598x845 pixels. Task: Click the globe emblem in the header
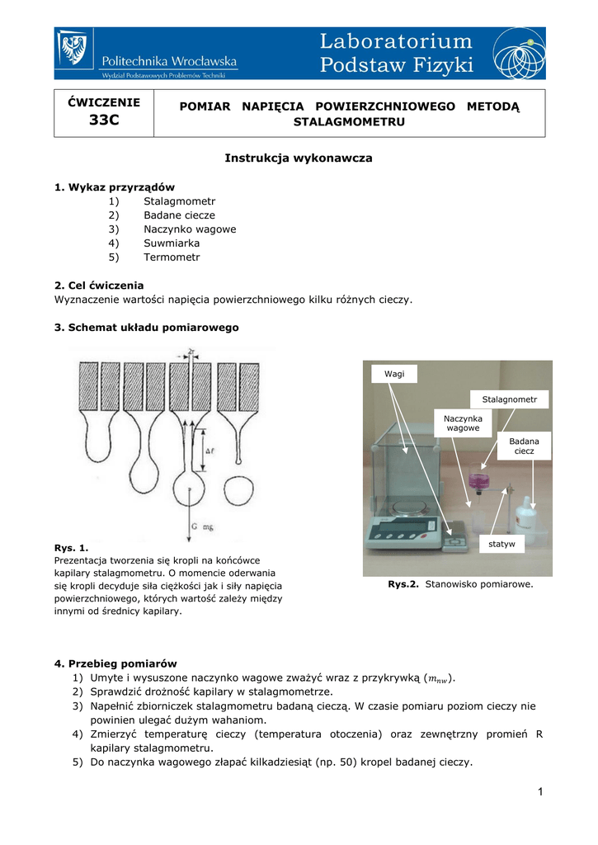click(x=519, y=53)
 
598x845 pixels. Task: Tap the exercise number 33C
click(x=104, y=120)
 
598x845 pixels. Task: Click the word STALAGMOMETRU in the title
click(x=350, y=122)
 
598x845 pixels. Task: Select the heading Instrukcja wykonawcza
click(x=299, y=158)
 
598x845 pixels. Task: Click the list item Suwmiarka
click(x=172, y=243)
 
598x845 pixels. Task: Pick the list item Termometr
click(x=172, y=257)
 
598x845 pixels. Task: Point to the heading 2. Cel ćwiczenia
click(x=99, y=285)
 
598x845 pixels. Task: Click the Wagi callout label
click(x=394, y=374)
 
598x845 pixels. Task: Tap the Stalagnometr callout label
click(x=509, y=399)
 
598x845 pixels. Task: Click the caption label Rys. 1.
click(x=71, y=547)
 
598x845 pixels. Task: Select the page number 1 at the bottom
click(x=540, y=793)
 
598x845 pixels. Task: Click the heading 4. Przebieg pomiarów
click(x=115, y=663)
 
